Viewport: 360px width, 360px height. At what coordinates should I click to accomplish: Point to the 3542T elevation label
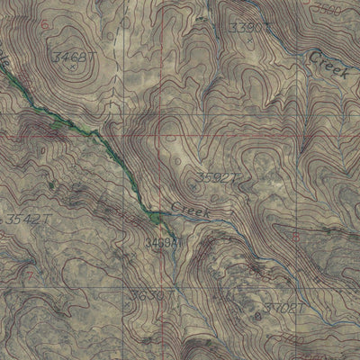pos(22,220)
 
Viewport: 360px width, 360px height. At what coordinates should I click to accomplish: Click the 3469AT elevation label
pos(164,242)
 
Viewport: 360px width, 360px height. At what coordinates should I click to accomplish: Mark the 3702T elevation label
pos(284,310)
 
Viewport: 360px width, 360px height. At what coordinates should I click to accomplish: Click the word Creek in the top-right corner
pos(328,65)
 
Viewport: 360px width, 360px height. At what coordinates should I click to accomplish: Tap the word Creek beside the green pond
pos(190,211)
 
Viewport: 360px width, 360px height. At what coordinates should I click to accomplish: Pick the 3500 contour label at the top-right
pos(332,8)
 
